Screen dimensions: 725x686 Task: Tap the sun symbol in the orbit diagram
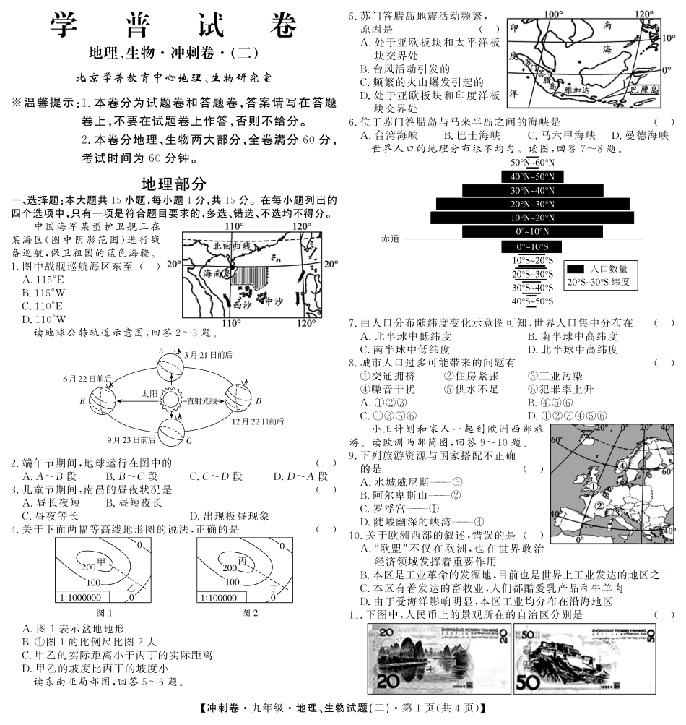[172, 398]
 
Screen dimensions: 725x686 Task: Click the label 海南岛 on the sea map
[216, 273]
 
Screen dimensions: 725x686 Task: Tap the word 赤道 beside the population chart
[391, 238]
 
